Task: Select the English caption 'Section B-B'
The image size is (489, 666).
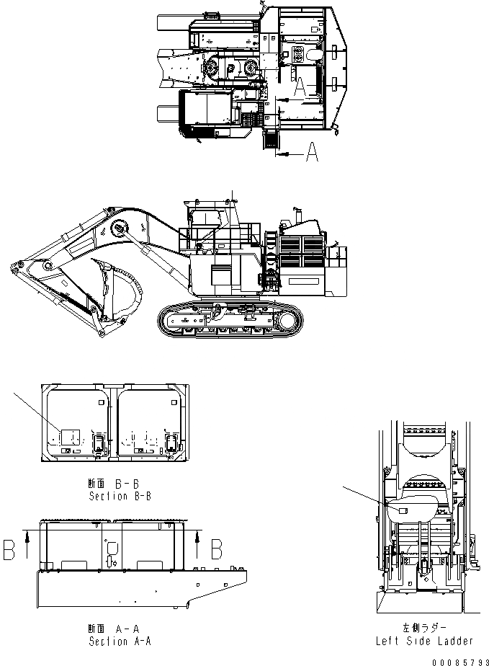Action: pyautogui.click(x=120, y=497)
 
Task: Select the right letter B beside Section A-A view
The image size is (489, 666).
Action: pyautogui.click(x=215, y=549)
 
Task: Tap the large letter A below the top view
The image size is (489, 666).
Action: pyautogui.click(x=311, y=154)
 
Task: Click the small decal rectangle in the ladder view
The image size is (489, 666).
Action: pyautogui.click(x=403, y=510)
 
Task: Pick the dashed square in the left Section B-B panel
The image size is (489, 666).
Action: pyautogui.click(x=69, y=437)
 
